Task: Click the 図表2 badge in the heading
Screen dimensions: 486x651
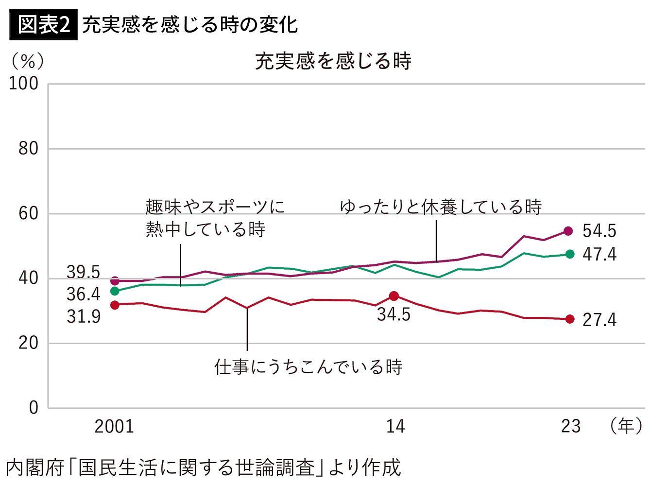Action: (x=43, y=25)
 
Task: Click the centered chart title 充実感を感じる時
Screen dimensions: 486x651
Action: (x=333, y=61)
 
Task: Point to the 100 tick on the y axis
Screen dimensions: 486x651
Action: (x=24, y=84)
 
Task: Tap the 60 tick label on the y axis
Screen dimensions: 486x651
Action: (x=28, y=213)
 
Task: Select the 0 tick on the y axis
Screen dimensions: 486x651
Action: (x=33, y=407)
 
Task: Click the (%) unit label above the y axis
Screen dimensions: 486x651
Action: (x=28, y=61)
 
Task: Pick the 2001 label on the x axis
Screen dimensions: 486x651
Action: (x=114, y=427)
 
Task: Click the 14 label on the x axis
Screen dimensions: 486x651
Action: (x=395, y=427)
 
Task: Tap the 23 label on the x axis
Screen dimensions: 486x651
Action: (x=571, y=427)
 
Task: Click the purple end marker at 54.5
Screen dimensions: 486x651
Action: (x=568, y=231)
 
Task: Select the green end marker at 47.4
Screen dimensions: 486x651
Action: (x=570, y=254)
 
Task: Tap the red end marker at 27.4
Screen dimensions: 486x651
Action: (x=570, y=319)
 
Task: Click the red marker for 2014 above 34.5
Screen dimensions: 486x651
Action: (x=394, y=296)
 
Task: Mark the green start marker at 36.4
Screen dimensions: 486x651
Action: (x=115, y=291)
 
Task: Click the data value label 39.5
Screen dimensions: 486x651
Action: (x=84, y=272)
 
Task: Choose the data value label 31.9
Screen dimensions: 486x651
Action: (x=84, y=317)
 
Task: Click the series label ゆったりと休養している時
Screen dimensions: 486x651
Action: (x=441, y=207)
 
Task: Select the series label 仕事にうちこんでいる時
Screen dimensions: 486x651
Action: (x=308, y=367)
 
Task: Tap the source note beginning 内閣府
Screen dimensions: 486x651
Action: (x=203, y=468)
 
